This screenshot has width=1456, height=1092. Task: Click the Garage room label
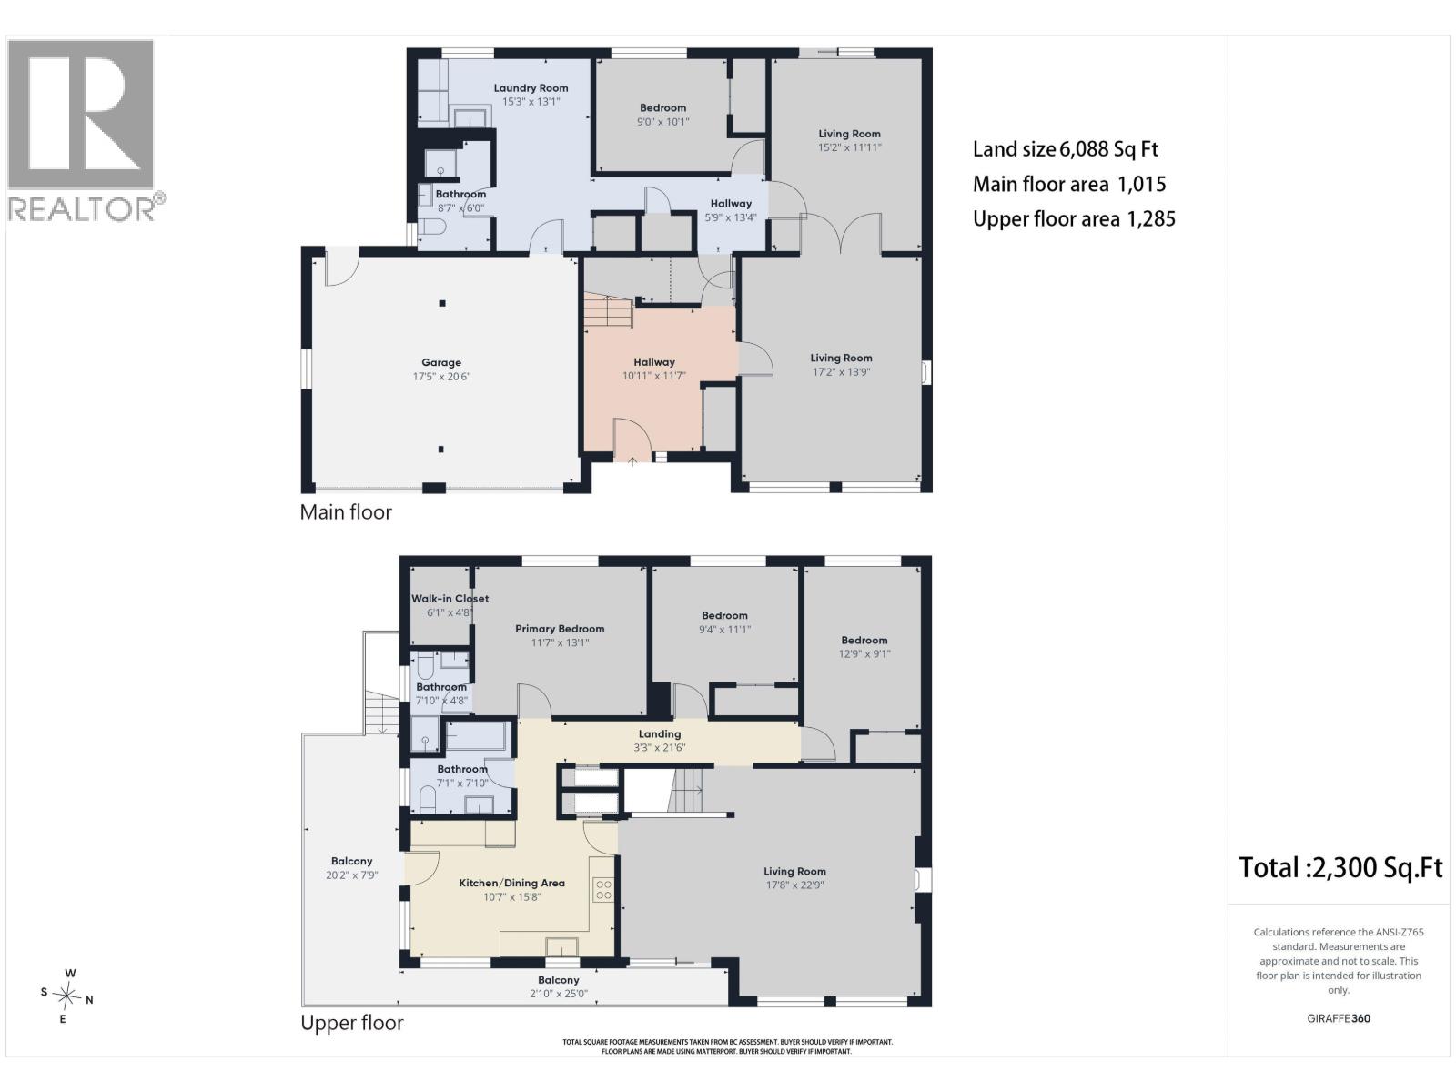click(441, 362)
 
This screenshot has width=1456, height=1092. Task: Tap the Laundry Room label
click(531, 87)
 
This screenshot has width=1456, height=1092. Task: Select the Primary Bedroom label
click(560, 629)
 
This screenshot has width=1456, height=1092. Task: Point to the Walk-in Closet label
click(450, 598)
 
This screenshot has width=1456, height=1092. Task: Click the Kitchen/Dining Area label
click(512, 883)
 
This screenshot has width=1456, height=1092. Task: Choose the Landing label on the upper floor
click(660, 734)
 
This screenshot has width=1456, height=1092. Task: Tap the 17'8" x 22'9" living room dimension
click(794, 885)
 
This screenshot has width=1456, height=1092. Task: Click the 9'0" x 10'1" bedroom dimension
click(662, 121)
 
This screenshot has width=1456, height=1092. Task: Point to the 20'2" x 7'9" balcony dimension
click(351, 875)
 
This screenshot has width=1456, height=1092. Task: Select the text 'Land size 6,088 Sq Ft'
click(1066, 149)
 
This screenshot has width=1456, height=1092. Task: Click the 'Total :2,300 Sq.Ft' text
click(1340, 867)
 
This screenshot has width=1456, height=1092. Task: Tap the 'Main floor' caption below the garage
click(346, 511)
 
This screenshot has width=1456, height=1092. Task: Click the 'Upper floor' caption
click(351, 1022)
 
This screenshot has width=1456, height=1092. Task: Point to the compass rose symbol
click(66, 996)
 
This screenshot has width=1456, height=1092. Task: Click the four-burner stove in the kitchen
click(603, 889)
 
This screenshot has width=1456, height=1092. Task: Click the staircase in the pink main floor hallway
click(608, 310)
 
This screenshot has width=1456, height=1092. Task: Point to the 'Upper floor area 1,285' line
click(1074, 218)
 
